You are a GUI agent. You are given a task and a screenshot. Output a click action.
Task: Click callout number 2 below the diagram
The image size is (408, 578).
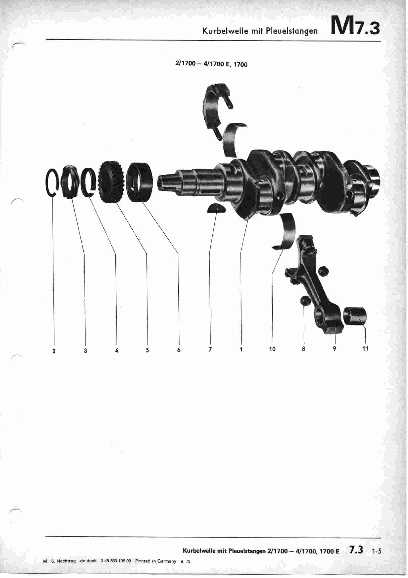pyautogui.click(x=54, y=351)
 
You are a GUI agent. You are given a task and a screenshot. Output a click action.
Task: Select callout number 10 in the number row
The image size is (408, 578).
pyautogui.click(x=272, y=349)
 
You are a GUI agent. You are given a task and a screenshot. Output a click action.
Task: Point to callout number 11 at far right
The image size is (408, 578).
pyautogui.click(x=365, y=348)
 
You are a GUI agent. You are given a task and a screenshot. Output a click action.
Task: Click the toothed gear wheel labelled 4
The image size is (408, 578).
pyautogui.click(x=110, y=183)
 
